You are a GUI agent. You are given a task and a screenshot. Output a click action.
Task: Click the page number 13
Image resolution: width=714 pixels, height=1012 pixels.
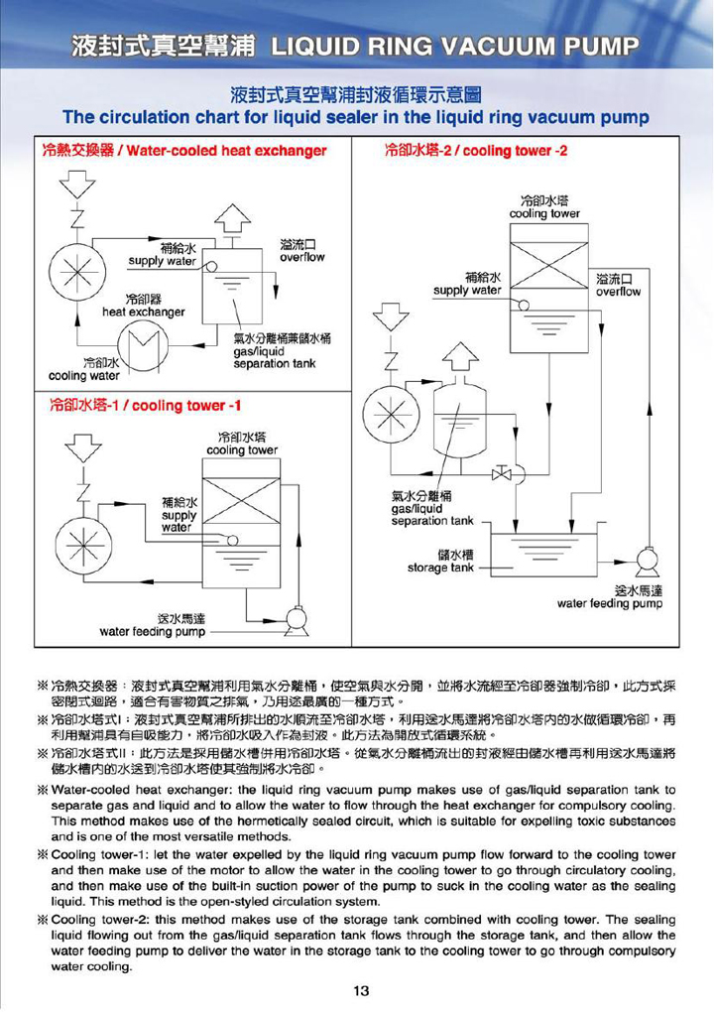[x=360, y=989]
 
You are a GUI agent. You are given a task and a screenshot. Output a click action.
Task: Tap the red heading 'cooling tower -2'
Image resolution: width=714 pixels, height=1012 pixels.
[x=517, y=151]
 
